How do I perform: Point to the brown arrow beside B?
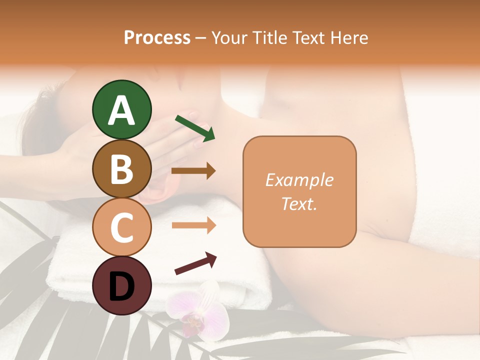(193, 171)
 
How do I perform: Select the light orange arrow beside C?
(193, 225)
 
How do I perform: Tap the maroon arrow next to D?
(195, 264)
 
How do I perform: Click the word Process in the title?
(157, 37)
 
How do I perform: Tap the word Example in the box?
(299, 180)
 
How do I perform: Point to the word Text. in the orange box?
(299, 203)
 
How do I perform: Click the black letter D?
(122, 286)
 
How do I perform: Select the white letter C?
(122, 227)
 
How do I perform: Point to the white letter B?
(122, 169)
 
